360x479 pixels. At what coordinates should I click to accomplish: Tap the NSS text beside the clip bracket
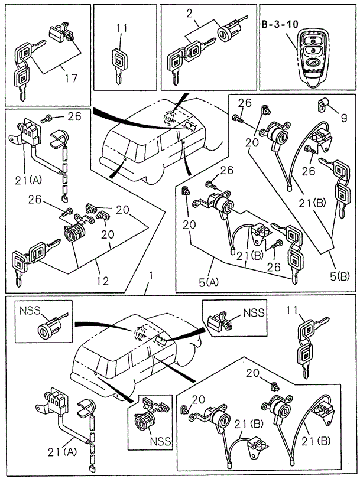click(254, 312)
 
